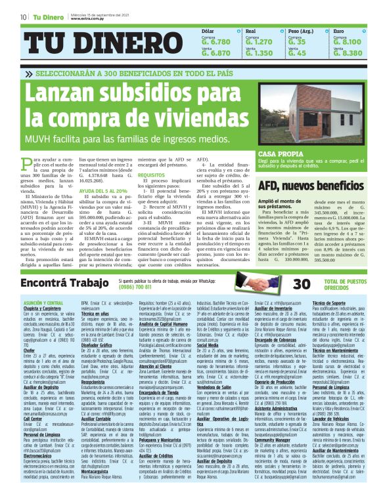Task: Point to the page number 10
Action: click(x=23, y=17)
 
